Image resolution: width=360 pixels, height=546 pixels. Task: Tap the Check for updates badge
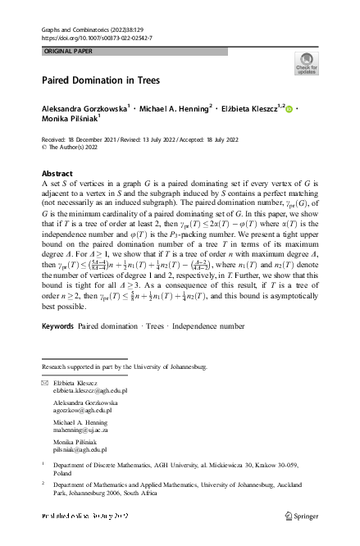(307, 64)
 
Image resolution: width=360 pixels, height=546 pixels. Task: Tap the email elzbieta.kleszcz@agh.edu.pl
(97, 392)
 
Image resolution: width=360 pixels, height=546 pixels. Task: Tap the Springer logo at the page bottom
(303, 516)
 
